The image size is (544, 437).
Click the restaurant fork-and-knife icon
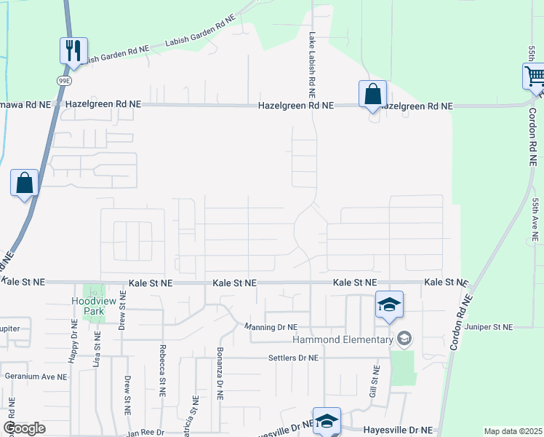pos(73,50)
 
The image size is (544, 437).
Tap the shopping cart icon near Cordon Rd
pos(535,76)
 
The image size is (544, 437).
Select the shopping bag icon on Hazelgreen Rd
pos(372,94)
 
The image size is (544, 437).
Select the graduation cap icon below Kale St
pos(389,305)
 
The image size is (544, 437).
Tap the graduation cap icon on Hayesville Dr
pos(327,420)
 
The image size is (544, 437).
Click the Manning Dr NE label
pos(271,327)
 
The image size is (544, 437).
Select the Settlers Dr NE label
pos(294,358)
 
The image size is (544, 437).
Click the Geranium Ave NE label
pos(36,377)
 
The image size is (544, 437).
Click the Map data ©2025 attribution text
pos(512,431)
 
